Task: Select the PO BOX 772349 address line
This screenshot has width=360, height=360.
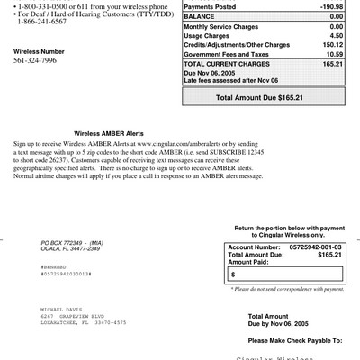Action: (x=72, y=243)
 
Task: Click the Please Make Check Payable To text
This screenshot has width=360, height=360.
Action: (x=294, y=342)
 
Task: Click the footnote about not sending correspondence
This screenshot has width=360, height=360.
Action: (x=287, y=289)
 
